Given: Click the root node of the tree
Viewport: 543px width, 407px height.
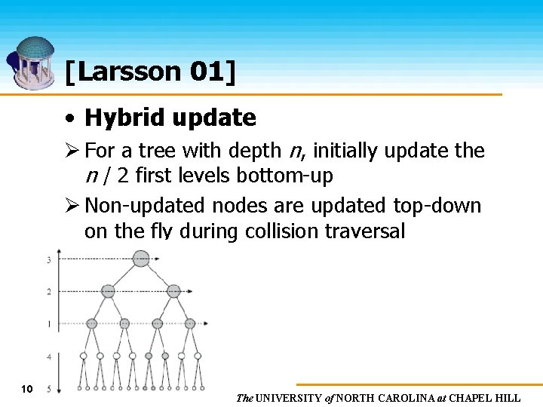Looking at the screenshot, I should point(141,259).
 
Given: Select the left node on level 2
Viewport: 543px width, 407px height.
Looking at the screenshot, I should point(108,291).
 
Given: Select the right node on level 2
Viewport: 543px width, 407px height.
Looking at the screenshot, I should point(173,291).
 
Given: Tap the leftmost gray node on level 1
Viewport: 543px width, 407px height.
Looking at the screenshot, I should point(91,323).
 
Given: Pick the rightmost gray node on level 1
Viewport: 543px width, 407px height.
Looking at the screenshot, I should point(190,323).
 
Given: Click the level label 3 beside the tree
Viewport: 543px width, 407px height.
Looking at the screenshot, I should point(49,260).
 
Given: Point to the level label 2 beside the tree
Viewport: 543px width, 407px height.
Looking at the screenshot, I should point(49,292).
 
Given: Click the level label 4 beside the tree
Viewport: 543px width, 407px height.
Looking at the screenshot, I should point(49,356).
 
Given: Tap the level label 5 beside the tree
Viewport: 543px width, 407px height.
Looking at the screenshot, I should point(49,389).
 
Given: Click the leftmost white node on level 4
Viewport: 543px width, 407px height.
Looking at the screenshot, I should point(84,356).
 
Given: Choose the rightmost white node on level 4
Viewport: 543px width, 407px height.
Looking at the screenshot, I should point(198,356).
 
